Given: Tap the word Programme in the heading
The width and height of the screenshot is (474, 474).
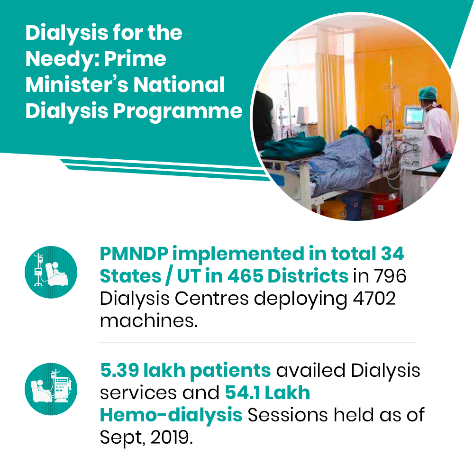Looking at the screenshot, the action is pyautogui.click(x=178, y=112).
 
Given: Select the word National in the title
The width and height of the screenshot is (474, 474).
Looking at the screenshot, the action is pyautogui.click(x=179, y=85).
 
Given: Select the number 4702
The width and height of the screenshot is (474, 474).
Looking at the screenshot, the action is pyautogui.click(x=374, y=298).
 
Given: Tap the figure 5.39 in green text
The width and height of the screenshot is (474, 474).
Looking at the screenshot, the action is pyautogui.click(x=119, y=370).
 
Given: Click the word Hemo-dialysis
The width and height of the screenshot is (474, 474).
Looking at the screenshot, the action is pyautogui.click(x=171, y=415).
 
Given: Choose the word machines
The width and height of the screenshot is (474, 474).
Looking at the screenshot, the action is pyautogui.click(x=148, y=321).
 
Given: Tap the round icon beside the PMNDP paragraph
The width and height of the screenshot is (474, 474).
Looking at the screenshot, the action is pyautogui.click(x=51, y=272).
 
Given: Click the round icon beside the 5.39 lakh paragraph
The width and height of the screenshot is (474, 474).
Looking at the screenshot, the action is pyautogui.click(x=51, y=389).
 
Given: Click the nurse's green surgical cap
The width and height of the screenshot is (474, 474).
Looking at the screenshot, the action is pyautogui.click(x=428, y=92).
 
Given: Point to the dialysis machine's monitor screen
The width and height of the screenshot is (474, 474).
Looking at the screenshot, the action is pyautogui.click(x=414, y=116).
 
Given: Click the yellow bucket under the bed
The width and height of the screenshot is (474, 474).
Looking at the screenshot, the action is pyautogui.click(x=333, y=209).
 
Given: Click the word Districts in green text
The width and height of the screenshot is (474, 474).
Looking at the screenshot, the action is pyautogui.click(x=308, y=276).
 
